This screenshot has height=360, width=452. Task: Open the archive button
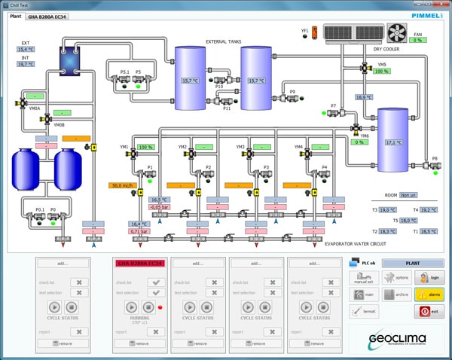[x=395, y=294]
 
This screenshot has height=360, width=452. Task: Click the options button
[x=395, y=278]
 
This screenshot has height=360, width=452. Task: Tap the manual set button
[x=363, y=278]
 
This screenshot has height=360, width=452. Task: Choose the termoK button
[x=363, y=311]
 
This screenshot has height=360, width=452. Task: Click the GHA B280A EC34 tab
[x=47, y=16]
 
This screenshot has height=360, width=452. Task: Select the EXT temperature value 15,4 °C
[x=27, y=49]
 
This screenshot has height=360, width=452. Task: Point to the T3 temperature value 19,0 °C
[x=388, y=210]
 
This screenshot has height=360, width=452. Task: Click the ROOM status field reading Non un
[x=408, y=194]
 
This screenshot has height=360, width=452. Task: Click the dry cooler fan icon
[x=395, y=32]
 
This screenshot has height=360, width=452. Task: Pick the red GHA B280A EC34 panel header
[x=139, y=264]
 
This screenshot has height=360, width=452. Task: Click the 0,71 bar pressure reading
[x=139, y=231]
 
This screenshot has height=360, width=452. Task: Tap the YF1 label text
[x=305, y=31]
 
